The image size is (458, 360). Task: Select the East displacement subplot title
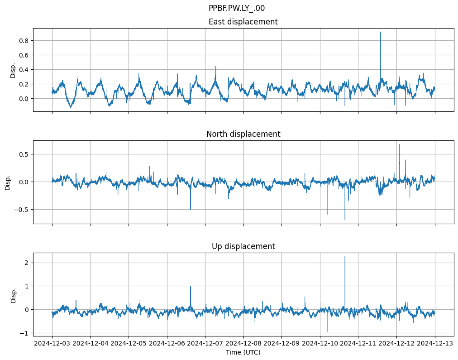[243, 22]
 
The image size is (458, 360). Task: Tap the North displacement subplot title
[243, 134]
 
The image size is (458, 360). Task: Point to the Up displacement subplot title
[243, 246]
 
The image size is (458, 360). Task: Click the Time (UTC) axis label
[243, 352]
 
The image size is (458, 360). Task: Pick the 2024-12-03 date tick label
[52, 344]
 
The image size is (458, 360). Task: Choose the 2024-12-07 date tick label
[205, 344]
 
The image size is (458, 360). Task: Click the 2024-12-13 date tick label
[435, 344]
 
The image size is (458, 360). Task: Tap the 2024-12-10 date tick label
[320, 344]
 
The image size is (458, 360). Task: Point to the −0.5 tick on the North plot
[21, 210]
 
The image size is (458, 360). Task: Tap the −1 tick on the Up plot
[24, 333]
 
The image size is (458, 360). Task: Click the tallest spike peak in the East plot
[381, 32]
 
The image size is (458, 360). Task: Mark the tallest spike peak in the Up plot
[345, 257]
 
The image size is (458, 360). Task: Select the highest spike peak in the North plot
[400, 144]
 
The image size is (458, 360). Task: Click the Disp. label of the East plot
[13, 70]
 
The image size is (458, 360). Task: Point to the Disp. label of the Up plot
[13, 295]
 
